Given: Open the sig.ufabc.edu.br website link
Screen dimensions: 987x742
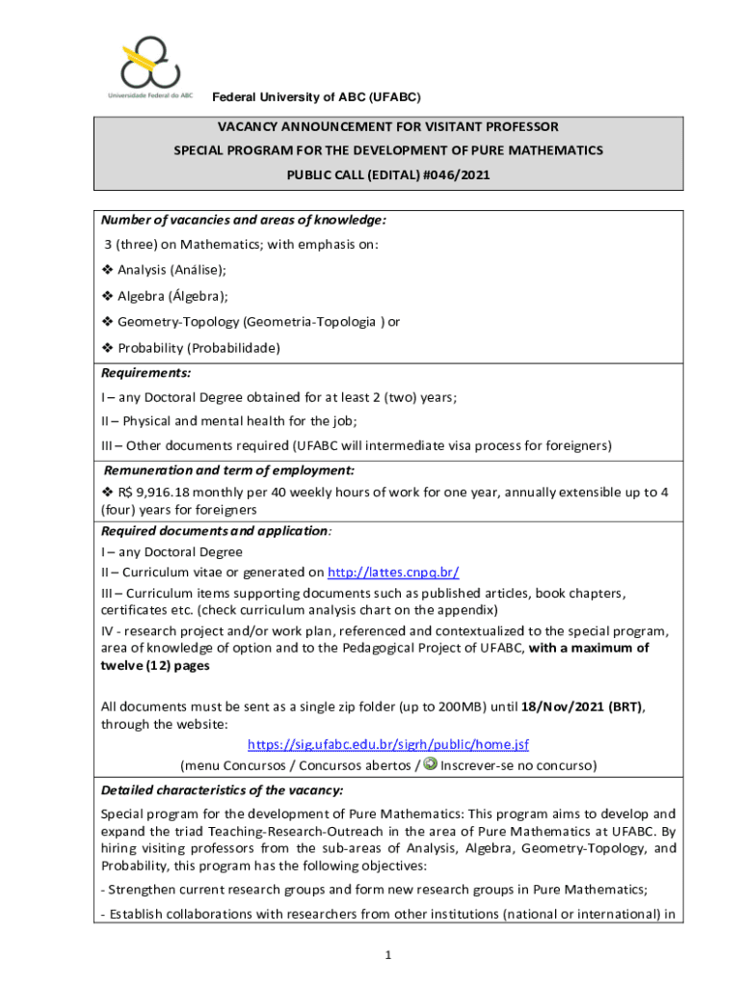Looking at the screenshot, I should click(x=388, y=745).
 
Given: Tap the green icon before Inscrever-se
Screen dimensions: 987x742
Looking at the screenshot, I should click(x=431, y=764).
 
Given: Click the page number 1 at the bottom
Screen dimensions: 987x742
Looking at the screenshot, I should click(x=386, y=955).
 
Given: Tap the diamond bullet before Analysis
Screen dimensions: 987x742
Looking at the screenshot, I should click(x=108, y=271).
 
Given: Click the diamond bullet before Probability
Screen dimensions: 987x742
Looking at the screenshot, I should click(x=108, y=348).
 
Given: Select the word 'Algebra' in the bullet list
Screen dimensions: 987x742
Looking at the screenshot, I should click(x=142, y=297).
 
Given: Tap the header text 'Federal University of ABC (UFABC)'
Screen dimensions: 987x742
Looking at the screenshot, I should click(x=316, y=97).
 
